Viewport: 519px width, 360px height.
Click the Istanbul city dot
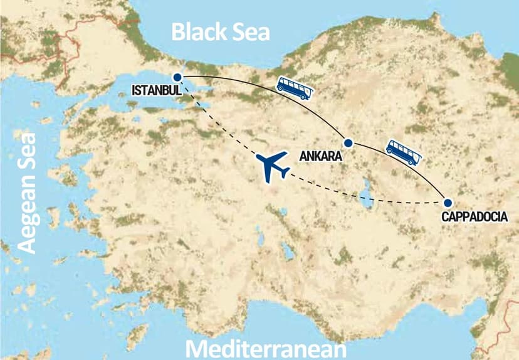(177, 77)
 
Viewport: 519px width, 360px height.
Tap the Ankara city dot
(349, 143)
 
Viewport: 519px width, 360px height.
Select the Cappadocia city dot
(448, 203)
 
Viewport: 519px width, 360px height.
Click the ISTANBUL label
(157, 90)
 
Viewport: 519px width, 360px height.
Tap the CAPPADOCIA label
(480, 218)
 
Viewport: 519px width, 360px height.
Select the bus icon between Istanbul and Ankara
(294, 87)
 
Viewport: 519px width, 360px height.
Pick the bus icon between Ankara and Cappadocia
(402, 152)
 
